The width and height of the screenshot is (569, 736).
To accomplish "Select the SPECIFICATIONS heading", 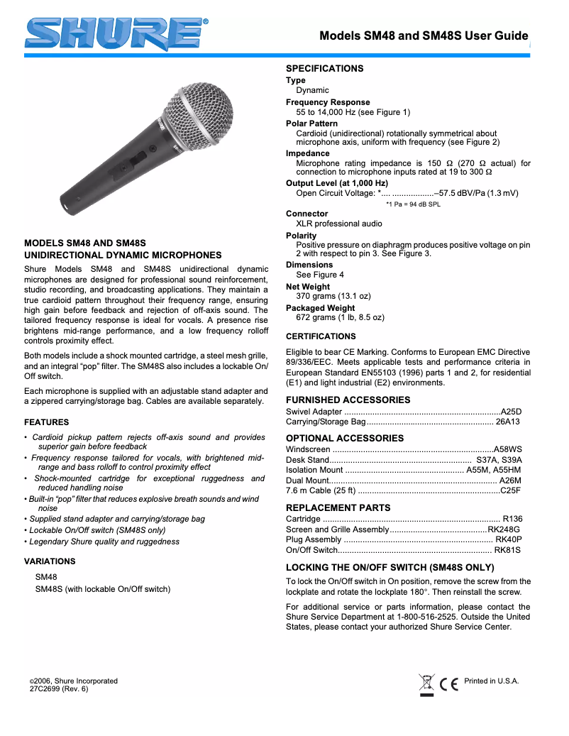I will [x=324, y=68].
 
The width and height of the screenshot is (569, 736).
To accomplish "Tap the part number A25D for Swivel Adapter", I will [x=511, y=412].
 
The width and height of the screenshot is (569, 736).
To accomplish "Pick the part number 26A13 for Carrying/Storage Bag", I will [x=507, y=422].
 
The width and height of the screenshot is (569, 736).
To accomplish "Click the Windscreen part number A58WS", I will [x=508, y=449].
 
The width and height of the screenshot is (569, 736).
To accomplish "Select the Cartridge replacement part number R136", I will [x=512, y=519].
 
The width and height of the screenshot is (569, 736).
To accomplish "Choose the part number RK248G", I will [x=504, y=529].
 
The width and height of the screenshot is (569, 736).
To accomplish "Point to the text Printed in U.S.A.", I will [x=491, y=681].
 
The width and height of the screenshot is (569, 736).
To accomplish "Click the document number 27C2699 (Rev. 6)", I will [x=59, y=688].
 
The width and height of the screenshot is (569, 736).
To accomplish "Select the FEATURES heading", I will [x=47, y=422].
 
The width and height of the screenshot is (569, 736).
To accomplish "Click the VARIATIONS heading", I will [x=50, y=561].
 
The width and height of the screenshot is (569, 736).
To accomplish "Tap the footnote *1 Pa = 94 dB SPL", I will [x=413, y=204].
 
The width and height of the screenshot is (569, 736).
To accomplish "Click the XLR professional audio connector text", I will [x=339, y=224].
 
